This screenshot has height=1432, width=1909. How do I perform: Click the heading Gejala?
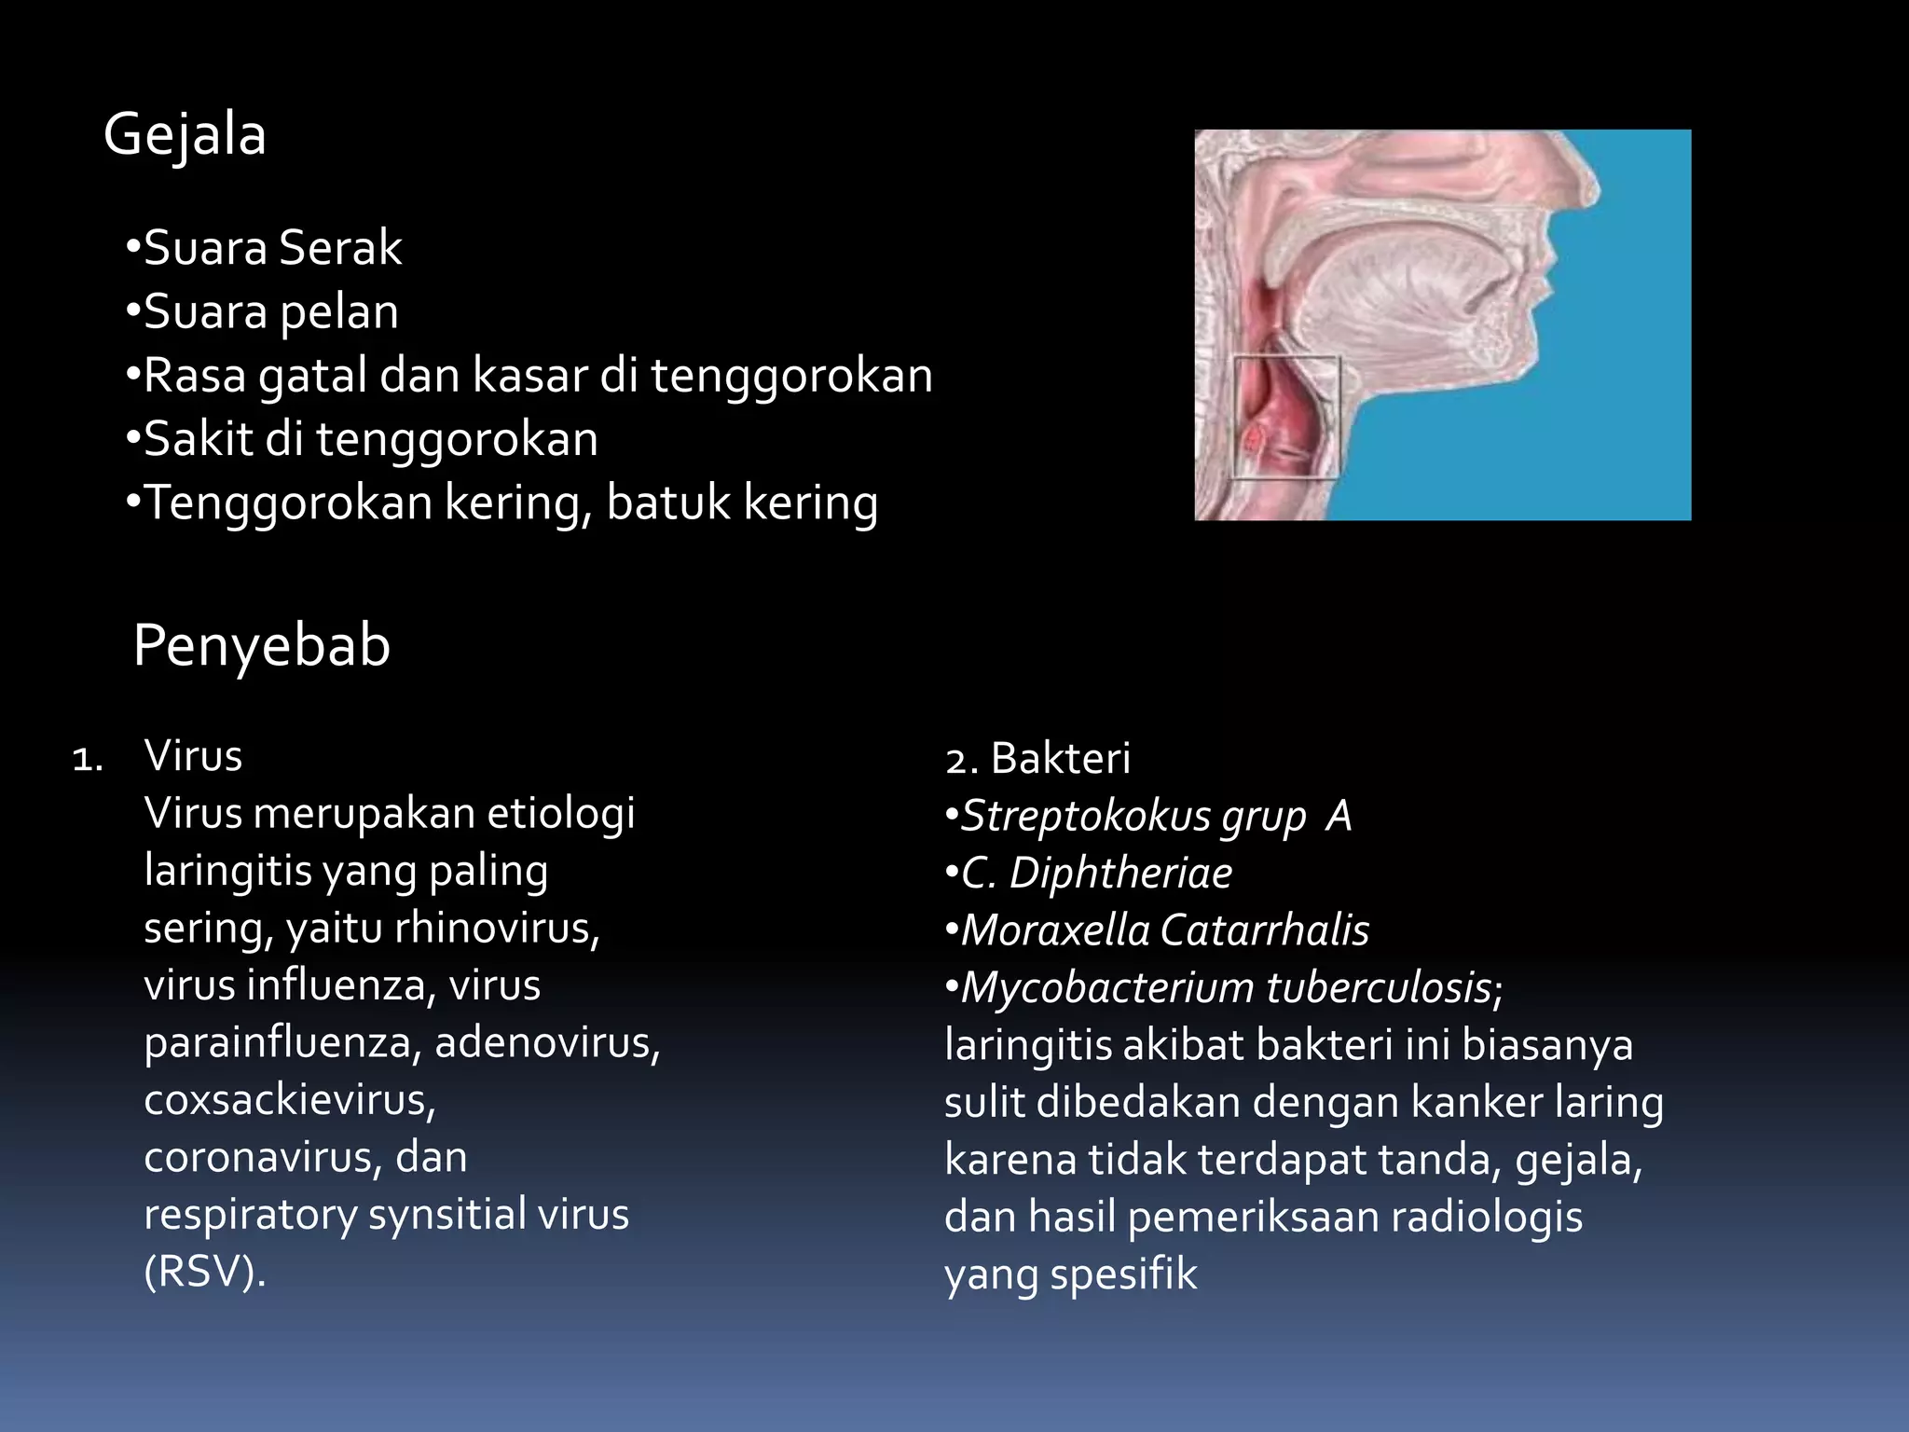[185, 135]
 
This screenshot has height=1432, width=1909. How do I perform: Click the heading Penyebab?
[261, 645]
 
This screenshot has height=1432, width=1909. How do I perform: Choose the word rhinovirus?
[497, 928]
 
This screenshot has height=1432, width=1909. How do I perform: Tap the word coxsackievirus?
[290, 1100]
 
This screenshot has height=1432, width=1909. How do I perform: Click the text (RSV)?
[205, 1272]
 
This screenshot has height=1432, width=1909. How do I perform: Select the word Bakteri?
[1060, 758]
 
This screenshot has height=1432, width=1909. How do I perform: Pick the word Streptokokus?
[1086, 817]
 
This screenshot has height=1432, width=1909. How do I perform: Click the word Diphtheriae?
[1120, 874]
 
